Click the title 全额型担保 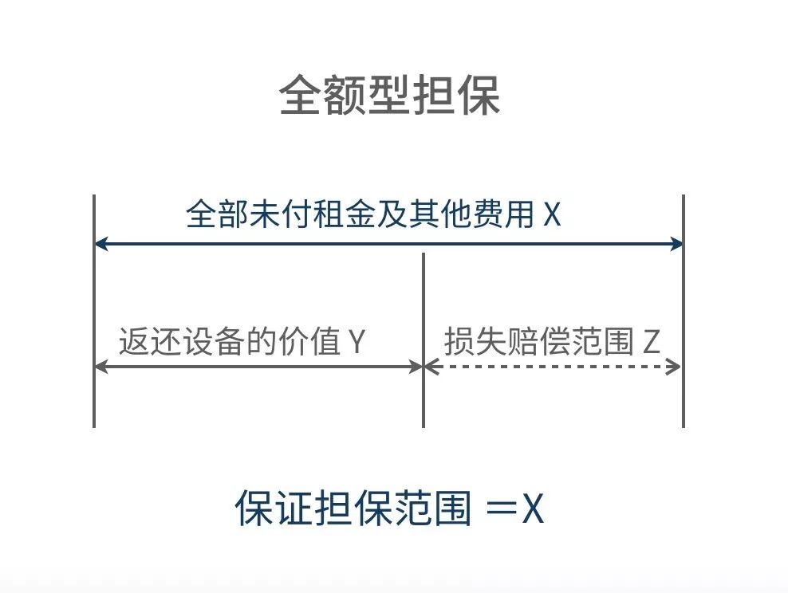(390, 97)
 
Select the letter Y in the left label (356, 342)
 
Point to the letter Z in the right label (651, 342)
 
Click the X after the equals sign (532, 509)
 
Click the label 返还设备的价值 (230, 342)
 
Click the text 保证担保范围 (353, 509)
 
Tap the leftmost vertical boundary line (94, 311)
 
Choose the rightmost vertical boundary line (684, 311)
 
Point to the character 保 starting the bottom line (254, 509)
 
